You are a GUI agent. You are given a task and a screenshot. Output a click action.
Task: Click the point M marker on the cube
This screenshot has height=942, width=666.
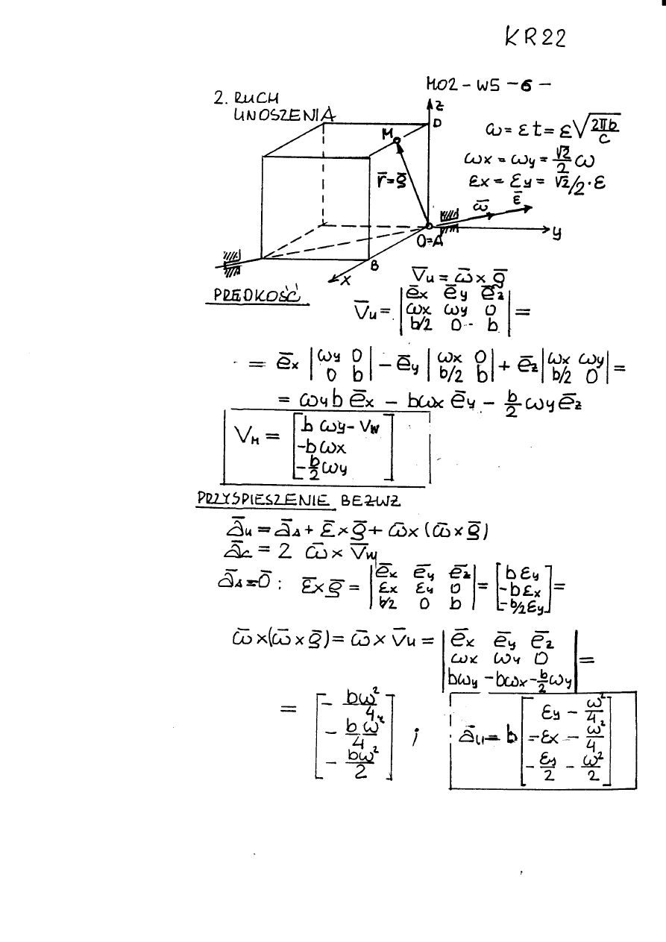pos(397,140)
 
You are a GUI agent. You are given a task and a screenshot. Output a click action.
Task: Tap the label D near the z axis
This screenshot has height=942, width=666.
pos(439,122)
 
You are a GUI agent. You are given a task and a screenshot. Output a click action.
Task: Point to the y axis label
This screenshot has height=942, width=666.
pos(556,233)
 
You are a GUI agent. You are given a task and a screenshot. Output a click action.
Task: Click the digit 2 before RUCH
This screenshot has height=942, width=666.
pos(218,98)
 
